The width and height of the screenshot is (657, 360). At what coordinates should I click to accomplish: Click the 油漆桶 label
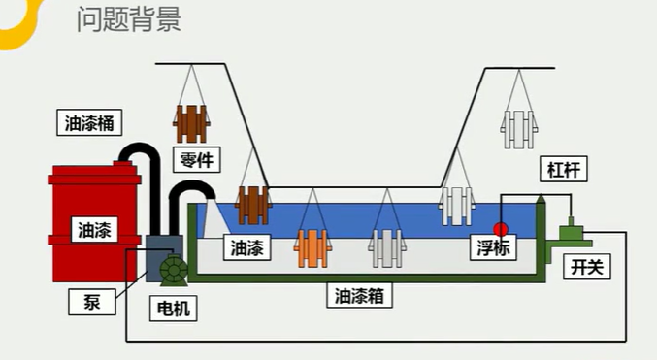89,123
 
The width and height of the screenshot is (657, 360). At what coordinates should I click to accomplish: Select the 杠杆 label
564,173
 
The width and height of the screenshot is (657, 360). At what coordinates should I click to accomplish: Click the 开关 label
585,266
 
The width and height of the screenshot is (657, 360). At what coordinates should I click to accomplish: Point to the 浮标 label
496,247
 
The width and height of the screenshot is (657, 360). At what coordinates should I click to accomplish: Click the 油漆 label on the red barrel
95,230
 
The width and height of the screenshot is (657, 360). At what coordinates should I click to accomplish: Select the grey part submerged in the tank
386,247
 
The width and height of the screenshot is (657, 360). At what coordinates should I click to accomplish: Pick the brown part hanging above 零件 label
192,123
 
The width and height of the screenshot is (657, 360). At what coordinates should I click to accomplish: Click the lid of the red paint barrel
93,173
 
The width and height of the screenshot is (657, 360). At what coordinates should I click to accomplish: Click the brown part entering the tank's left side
253,205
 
